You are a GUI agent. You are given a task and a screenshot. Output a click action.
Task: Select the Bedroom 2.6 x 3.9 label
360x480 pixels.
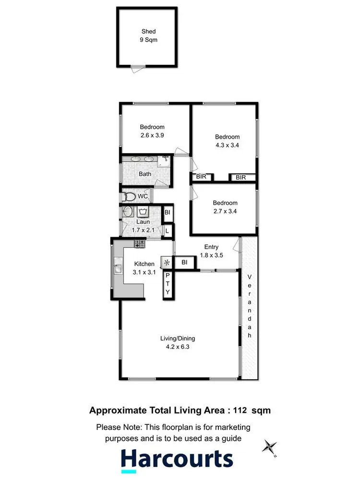[152, 131]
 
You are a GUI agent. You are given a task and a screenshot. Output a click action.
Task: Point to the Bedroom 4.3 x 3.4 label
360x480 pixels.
[227, 140]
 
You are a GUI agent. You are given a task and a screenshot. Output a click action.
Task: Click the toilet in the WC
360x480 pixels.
[129, 196]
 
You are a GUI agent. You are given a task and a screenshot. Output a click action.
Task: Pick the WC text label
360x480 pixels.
[143, 196]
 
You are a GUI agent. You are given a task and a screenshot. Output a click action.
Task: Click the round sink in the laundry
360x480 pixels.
[128, 212]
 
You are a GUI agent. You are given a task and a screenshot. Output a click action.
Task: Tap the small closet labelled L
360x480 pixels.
[167, 231]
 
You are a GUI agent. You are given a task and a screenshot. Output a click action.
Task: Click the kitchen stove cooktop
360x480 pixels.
[140, 244]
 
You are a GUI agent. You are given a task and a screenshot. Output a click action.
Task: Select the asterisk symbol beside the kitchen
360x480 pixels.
[167, 263]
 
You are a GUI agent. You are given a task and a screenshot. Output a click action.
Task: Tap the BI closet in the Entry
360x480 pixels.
[184, 262]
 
